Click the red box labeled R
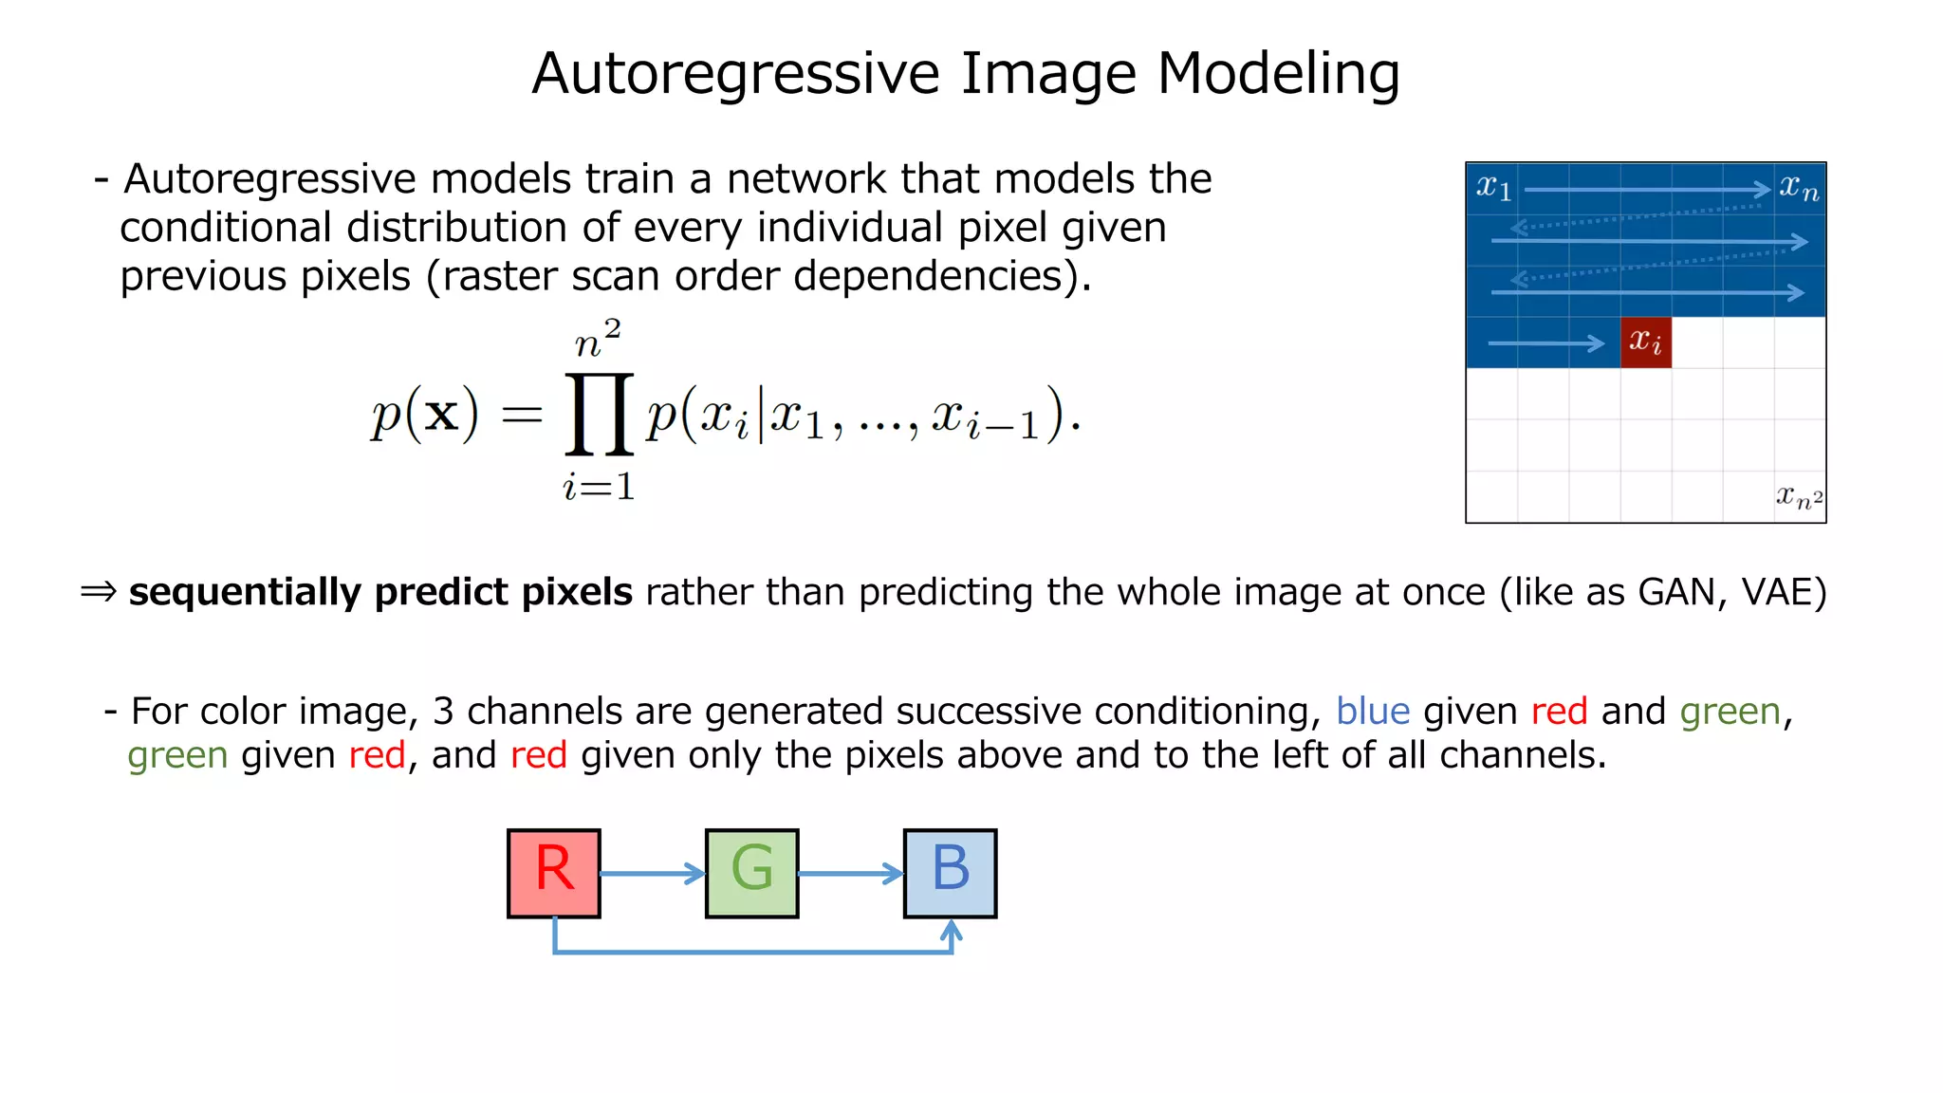(x=554, y=873)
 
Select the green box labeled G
(x=752, y=873)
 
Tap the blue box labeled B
(x=950, y=873)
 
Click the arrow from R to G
(x=653, y=873)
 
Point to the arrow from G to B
(x=851, y=873)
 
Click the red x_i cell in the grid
(x=1646, y=342)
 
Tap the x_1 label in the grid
(x=1493, y=188)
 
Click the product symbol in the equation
(x=599, y=415)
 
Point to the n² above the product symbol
(x=598, y=339)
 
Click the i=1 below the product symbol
(x=599, y=488)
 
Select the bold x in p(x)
(x=441, y=415)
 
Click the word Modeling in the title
(x=1278, y=74)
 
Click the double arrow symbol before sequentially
(x=99, y=592)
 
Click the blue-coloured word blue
(x=1372, y=712)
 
